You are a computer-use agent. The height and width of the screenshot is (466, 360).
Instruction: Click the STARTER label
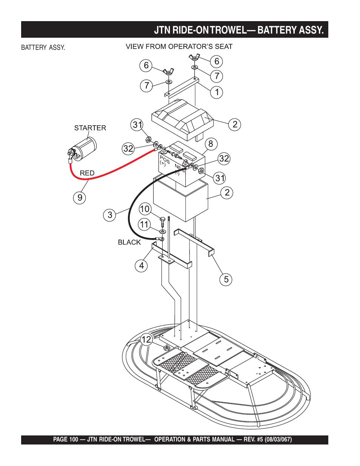(90, 128)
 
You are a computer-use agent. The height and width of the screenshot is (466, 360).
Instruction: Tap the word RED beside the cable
(87, 173)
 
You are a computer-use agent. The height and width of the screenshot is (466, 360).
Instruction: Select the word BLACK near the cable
(129, 242)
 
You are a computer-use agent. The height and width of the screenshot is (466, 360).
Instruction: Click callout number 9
(80, 197)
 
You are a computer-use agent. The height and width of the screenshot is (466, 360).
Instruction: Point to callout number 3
(109, 215)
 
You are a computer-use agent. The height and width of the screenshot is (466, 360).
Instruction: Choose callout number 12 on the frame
(146, 340)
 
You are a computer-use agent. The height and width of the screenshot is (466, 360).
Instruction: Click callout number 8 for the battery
(211, 144)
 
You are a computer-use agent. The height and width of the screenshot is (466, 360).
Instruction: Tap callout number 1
(217, 92)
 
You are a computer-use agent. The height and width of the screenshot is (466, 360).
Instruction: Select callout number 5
(226, 280)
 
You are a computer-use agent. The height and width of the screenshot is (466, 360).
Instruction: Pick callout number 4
(141, 266)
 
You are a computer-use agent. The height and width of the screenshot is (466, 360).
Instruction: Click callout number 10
(145, 209)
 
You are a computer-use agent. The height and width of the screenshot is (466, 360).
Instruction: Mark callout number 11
(145, 225)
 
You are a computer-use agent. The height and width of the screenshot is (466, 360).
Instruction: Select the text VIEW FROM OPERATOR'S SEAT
(179, 46)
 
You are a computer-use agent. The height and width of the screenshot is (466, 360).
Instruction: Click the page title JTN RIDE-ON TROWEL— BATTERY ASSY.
(238, 30)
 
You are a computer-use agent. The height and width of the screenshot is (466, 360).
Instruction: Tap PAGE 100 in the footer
(65, 440)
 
